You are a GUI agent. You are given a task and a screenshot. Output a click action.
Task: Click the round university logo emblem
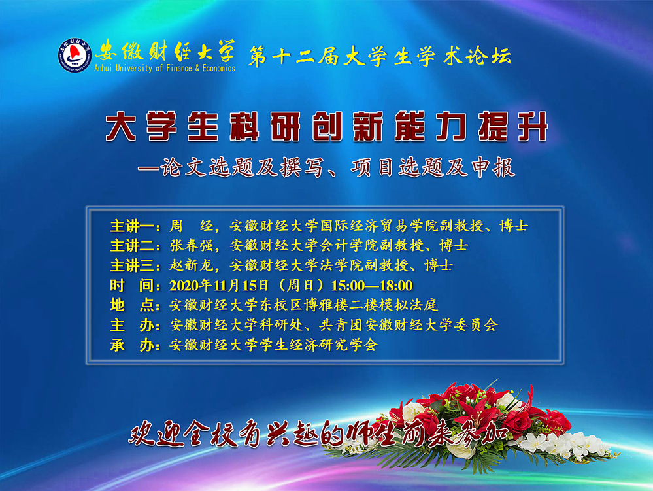pyautogui.click(x=75, y=56)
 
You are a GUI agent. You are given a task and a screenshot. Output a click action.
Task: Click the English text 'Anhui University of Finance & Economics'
pyautogui.click(x=165, y=68)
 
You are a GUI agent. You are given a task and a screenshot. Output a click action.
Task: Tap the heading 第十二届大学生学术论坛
pyautogui.click(x=379, y=56)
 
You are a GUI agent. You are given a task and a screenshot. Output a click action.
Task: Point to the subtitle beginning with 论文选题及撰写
pyautogui.click(x=327, y=167)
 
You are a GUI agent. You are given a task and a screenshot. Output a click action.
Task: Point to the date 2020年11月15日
pyautogui.click(x=219, y=285)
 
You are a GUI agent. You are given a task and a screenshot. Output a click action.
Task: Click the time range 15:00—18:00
pyautogui.click(x=372, y=285)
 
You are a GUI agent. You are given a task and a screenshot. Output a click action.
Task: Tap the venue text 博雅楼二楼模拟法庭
pyautogui.click(x=371, y=305)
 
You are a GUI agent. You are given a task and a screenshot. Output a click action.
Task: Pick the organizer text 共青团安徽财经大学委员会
pyautogui.click(x=408, y=325)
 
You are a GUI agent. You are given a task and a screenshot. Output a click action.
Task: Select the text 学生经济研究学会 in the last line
pyautogui.click(x=318, y=345)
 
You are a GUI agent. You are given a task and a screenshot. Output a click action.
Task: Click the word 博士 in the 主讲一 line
pyautogui.click(x=514, y=226)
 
